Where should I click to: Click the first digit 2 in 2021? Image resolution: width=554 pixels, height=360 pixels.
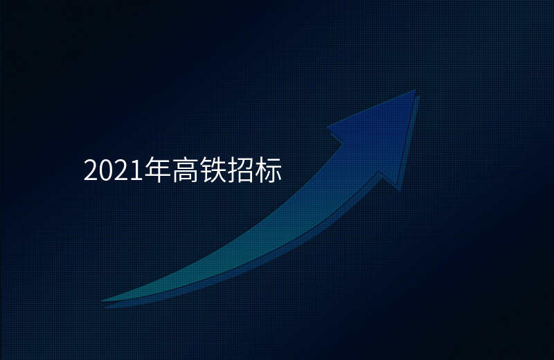[x=90, y=171]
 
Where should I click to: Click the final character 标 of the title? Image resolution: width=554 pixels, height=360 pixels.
[x=270, y=170]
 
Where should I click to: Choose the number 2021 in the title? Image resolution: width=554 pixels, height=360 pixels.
[x=113, y=171]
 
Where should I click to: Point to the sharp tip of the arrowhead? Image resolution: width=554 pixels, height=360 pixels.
[x=415, y=90]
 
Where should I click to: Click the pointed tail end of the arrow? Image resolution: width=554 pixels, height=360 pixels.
[x=102, y=300]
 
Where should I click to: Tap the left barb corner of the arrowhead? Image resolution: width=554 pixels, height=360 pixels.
[x=328, y=127]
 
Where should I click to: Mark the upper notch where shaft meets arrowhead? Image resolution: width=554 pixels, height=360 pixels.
[x=343, y=144]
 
